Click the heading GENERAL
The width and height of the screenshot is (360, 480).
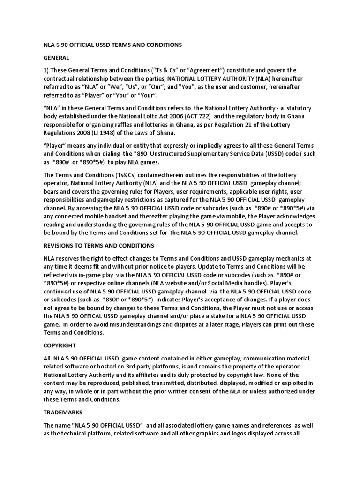(56, 58)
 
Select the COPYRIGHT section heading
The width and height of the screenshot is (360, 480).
(60, 345)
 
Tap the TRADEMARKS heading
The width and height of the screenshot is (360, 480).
(63, 412)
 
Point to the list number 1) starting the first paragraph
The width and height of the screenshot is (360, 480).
(46, 70)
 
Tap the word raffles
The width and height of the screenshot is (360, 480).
(120, 125)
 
